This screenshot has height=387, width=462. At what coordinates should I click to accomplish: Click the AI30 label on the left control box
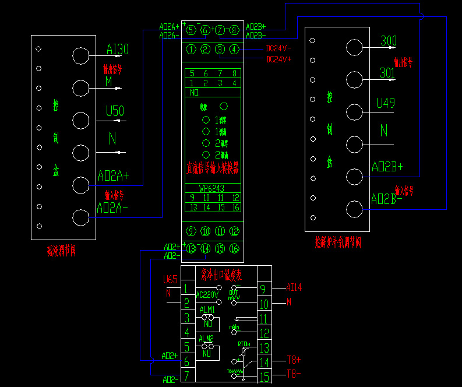pos(117,50)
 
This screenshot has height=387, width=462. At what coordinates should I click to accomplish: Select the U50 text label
pos(116,111)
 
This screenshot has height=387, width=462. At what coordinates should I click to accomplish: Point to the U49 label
pos(386,103)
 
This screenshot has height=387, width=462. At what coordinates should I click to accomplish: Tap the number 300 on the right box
pos(388,40)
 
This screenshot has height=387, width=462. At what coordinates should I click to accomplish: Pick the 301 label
pos(387,73)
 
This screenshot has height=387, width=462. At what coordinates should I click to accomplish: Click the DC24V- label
pos(279,49)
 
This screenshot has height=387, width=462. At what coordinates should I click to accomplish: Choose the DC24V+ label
pos(279,59)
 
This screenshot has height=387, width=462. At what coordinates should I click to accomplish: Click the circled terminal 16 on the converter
pos(234,249)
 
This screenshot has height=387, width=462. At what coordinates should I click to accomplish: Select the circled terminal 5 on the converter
pos(191,30)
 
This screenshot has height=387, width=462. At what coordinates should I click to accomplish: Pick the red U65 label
pos(170,280)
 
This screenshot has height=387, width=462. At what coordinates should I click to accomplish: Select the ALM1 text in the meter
pos(207,309)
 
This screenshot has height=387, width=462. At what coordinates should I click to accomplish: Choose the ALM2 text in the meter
pos(207,338)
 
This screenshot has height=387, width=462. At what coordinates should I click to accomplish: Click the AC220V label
pos(207,295)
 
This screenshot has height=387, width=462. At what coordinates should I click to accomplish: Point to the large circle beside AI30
pos(80,55)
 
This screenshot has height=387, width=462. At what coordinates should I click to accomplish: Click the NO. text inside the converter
pos(195,92)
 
